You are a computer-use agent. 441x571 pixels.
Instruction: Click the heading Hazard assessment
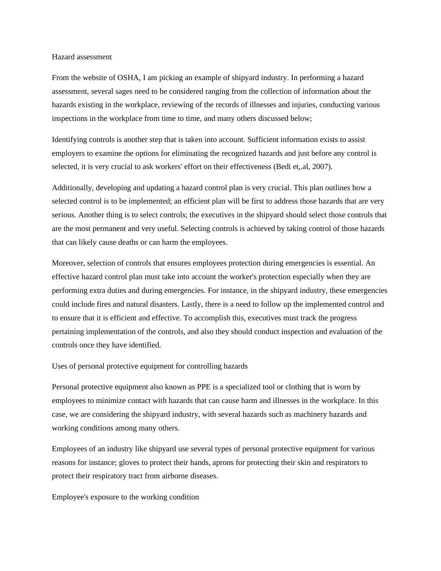(82, 57)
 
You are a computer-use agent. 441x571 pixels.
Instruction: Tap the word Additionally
(72, 188)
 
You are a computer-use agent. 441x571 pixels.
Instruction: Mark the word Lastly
(192, 304)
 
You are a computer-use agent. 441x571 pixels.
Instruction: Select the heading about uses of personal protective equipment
(150, 366)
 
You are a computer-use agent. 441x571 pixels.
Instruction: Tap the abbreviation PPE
(203, 387)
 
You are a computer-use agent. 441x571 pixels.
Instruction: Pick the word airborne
(175, 476)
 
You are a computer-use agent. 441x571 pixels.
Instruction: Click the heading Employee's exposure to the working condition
(125, 497)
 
